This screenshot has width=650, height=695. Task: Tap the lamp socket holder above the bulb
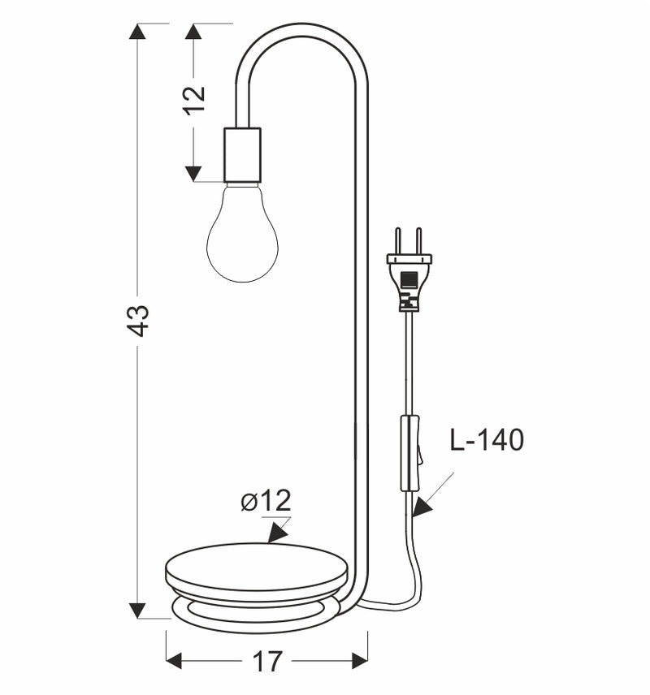242,154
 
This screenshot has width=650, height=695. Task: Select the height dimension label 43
139,320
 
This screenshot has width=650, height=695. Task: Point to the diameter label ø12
266,501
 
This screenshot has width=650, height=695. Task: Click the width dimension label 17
266,662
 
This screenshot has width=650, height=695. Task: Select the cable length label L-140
487,440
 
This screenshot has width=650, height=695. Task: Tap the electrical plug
409,276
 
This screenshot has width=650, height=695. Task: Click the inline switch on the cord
410,453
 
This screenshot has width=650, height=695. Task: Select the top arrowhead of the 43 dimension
138,32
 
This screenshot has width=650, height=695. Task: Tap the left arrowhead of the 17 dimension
175,662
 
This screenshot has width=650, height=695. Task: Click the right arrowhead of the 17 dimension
359,662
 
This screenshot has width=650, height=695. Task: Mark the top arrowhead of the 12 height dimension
193,32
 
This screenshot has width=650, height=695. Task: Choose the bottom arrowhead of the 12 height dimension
193,173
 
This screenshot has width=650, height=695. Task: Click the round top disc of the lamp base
256,562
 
